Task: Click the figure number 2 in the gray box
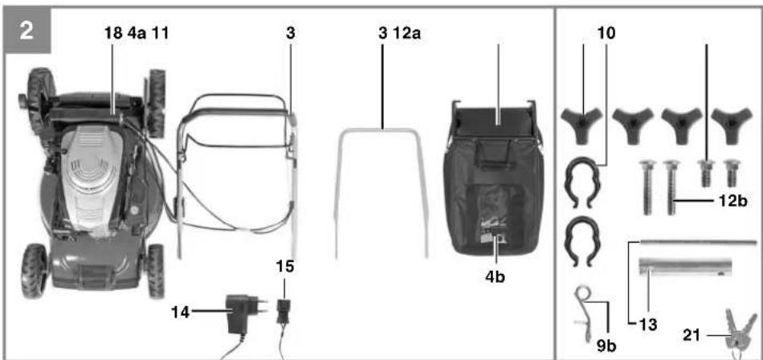tap(26, 31)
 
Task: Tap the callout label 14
tap(180, 313)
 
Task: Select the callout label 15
tap(285, 267)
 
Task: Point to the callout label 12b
tap(732, 201)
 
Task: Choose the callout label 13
tap(647, 325)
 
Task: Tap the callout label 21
tap(692, 335)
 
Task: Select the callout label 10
tap(606, 33)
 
